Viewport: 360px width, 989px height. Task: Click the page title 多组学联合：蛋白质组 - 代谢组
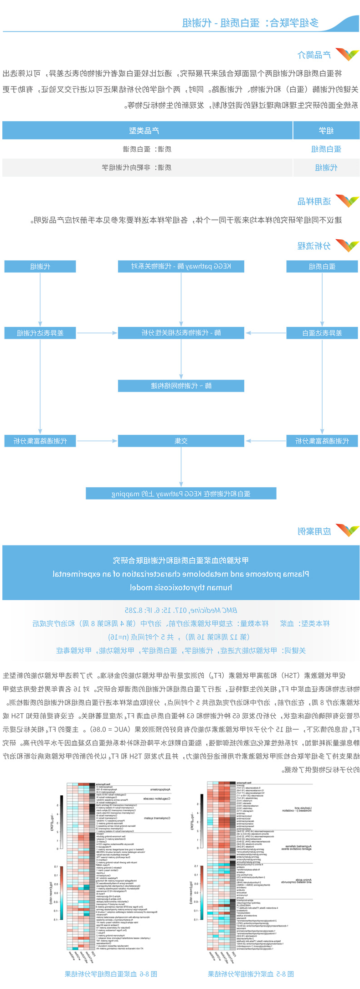pos(250,23)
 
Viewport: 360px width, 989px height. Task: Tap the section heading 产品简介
pos(314,55)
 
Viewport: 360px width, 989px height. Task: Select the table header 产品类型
pos(144,131)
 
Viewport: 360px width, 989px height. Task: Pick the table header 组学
pos(326,131)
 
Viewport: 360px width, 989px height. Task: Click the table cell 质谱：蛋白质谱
pos(147,149)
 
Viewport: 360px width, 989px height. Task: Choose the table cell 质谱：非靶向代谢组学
pos(137,168)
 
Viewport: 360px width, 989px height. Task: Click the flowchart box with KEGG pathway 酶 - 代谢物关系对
pos(181,266)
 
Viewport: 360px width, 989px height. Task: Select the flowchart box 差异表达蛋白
pos(322,333)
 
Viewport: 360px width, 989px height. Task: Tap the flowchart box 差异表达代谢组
pos(40,333)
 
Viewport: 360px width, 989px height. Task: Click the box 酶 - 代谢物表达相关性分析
pos(181,333)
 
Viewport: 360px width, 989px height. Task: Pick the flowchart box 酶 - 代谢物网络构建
pos(181,386)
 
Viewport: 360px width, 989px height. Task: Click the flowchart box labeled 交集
pos(181,441)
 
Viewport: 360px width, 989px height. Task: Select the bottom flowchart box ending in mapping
pos(181,494)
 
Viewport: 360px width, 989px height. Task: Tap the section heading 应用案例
pos(314,531)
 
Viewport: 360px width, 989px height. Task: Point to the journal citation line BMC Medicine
pos(181,610)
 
